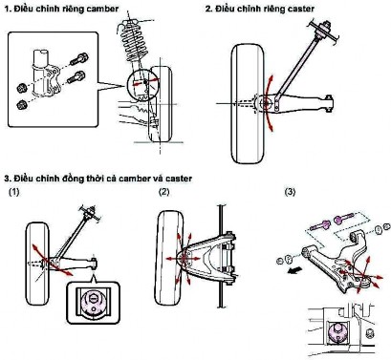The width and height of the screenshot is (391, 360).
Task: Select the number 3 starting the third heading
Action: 6,178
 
